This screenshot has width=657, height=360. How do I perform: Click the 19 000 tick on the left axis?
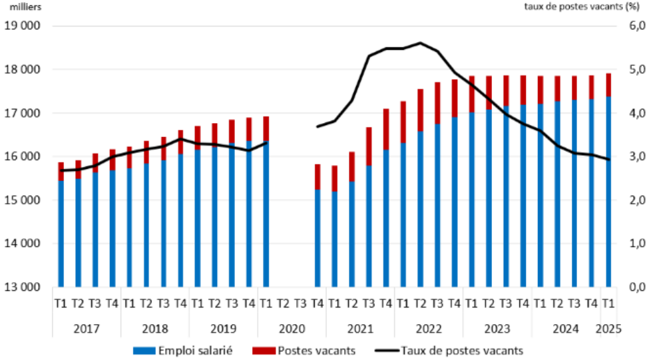pyautogui.click(x=23, y=26)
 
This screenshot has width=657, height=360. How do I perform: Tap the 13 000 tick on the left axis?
pyautogui.click(x=23, y=287)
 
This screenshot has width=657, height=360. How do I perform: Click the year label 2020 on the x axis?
pyautogui.click(x=292, y=329)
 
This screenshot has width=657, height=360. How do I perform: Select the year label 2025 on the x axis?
pyautogui.click(x=608, y=329)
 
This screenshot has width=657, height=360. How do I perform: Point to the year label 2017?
pyautogui.click(x=86, y=329)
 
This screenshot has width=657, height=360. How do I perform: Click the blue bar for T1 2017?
pyautogui.click(x=61, y=233)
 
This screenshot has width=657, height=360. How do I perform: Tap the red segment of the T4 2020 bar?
pyautogui.click(x=318, y=176)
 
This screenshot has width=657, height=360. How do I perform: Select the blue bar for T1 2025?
pyautogui.click(x=608, y=193)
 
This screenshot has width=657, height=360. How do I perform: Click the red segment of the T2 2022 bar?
pyautogui.click(x=420, y=110)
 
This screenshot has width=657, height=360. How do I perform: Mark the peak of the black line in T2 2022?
pyautogui.click(x=420, y=43)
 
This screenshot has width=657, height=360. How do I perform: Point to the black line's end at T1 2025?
pyautogui.click(x=608, y=159)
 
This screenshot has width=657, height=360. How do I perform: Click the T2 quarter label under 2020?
pyautogui.click(x=284, y=303)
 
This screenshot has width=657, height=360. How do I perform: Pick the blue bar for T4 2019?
pyautogui.click(x=249, y=213)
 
